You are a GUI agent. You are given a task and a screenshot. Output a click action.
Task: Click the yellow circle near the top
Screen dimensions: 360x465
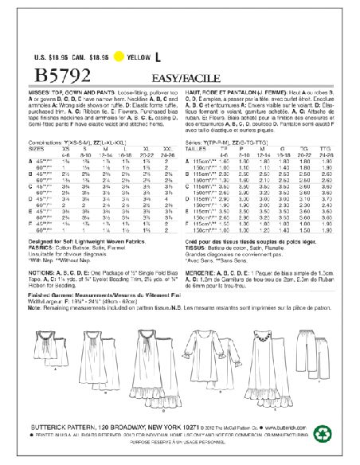(x=119, y=57)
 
